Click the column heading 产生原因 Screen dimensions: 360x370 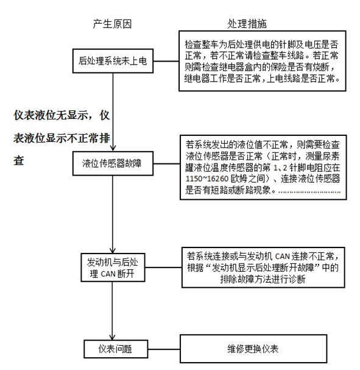point(112,24)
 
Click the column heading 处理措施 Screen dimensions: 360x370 point(247,24)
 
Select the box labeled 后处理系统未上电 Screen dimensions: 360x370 point(113,61)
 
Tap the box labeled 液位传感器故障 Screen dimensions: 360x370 point(113,163)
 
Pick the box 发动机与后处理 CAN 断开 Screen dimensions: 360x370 point(113,268)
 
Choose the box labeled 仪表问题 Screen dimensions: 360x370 point(116,349)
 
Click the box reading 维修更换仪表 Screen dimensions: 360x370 point(253,349)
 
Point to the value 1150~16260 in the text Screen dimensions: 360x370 point(207,179)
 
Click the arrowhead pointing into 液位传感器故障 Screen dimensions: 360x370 point(113,148)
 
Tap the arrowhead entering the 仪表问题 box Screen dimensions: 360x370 point(112,336)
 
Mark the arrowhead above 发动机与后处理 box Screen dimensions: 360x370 point(113,250)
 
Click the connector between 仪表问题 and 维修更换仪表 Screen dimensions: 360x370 point(164,349)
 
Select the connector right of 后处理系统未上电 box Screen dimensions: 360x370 point(166,61)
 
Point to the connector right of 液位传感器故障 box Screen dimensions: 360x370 point(167,163)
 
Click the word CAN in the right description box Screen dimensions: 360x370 point(282,257)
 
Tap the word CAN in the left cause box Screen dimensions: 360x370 point(108,274)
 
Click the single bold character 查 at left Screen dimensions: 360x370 point(19,161)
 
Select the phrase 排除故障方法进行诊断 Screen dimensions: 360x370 point(263,279)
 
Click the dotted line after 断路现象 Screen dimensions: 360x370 point(309,193)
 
